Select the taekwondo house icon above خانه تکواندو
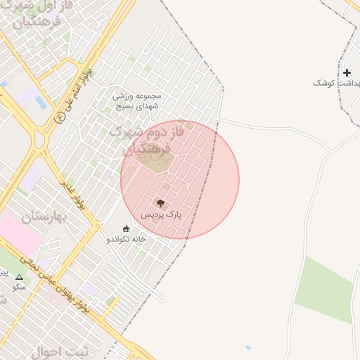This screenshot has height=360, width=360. [127, 229]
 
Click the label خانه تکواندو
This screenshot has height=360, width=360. [127, 239]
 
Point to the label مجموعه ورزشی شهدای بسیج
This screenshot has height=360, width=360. [137, 101]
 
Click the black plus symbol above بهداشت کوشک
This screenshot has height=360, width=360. [347, 72]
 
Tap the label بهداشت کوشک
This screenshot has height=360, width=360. [335, 83]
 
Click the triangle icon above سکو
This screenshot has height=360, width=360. [19, 277]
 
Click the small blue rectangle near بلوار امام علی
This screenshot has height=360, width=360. [41, 103]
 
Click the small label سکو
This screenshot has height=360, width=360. [19, 287]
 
